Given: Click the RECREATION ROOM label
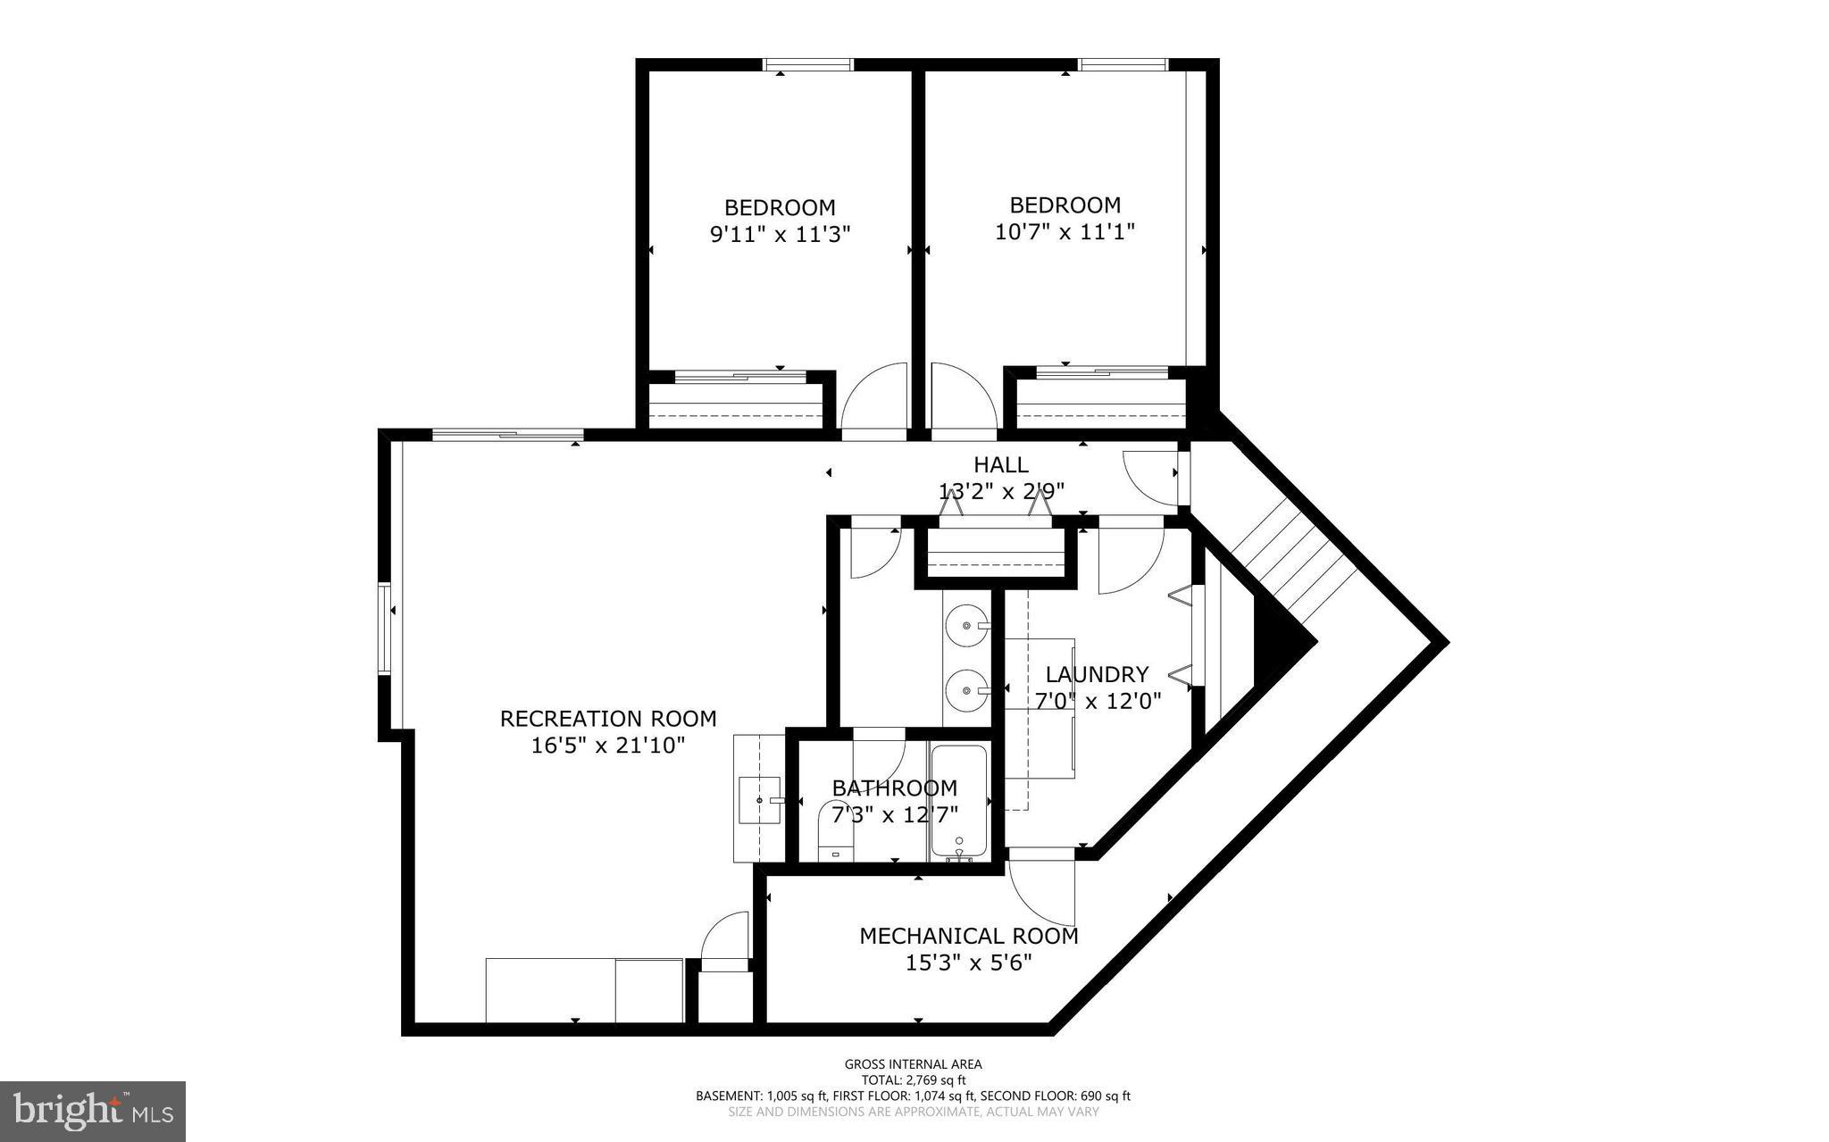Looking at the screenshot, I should pyautogui.click(x=607, y=719).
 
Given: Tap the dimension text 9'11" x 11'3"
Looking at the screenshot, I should pyautogui.click(x=780, y=235).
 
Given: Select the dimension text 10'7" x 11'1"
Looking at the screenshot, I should pyautogui.click(x=1065, y=232).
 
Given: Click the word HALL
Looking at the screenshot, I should pyautogui.click(x=1000, y=464).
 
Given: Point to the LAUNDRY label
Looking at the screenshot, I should pyautogui.click(x=1097, y=674).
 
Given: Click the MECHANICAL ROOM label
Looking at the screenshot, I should pyautogui.click(x=968, y=936).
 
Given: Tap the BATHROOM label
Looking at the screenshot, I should pyautogui.click(x=894, y=788).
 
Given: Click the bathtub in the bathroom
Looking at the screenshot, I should pyautogui.click(x=959, y=801).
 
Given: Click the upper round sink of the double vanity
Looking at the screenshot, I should pyautogui.click(x=967, y=624).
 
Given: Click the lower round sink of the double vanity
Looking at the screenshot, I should pyautogui.click(x=967, y=688).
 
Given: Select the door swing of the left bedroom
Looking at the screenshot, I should pyautogui.click(x=873, y=398).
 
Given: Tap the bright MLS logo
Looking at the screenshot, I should pyautogui.click(x=93, y=1111).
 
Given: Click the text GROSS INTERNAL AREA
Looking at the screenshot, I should pyautogui.click(x=913, y=1063).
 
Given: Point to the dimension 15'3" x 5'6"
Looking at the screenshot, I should pyautogui.click(x=968, y=963).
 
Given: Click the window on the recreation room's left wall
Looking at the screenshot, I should pyautogui.click(x=385, y=628).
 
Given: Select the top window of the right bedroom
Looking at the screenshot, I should pyautogui.click(x=1123, y=64).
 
